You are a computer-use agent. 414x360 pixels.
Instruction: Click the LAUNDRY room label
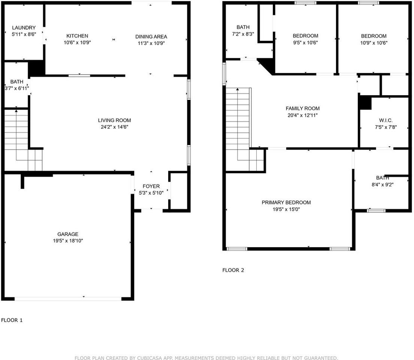[24, 28]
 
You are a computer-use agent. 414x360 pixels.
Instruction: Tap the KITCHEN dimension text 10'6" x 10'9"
[77, 43]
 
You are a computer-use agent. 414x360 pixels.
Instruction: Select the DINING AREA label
[151, 36]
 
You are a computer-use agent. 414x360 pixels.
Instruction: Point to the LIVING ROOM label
[114, 120]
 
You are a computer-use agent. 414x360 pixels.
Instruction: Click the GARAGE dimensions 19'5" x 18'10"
[68, 241]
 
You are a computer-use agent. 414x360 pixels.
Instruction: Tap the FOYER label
[151, 186]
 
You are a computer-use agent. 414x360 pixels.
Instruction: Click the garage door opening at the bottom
[68, 298]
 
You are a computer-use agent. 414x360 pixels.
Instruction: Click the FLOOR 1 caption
[12, 320]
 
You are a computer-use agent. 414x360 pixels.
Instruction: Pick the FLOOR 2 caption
[233, 270]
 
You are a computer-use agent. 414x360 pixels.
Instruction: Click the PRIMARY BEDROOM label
[286, 202]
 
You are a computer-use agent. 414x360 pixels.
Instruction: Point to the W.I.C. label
[386, 120]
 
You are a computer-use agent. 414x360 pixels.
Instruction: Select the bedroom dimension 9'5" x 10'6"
[305, 43]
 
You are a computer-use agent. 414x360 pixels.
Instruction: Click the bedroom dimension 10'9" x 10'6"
[374, 43]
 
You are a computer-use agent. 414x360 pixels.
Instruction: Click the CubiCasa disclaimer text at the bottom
[206, 358]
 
